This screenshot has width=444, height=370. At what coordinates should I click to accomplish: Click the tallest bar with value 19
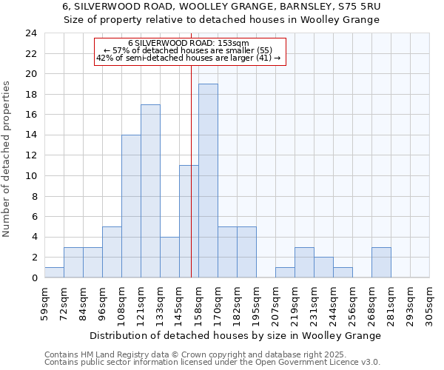point(208,181)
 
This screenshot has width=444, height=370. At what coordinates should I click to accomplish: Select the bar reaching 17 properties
point(150,191)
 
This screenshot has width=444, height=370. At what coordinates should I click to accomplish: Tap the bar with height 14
point(131,206)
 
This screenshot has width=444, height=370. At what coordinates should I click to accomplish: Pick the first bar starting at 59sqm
point(54,272)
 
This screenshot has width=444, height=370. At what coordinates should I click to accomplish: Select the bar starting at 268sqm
point(381,262)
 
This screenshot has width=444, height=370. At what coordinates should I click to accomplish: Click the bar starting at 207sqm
point(285,272)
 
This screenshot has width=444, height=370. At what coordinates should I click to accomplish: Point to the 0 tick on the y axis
point(34,277)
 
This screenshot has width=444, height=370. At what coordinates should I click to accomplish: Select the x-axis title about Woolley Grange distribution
point(237,335)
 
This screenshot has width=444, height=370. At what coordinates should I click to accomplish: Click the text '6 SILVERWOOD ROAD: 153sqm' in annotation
point(189,44)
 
